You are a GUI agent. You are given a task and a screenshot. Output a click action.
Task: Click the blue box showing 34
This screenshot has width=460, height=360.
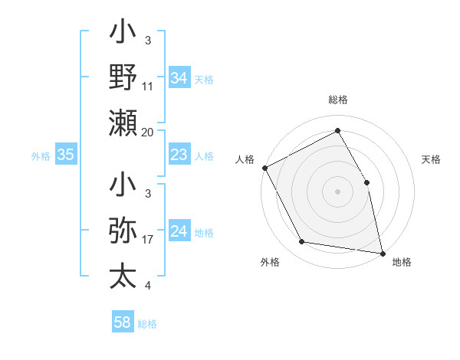tap(179, 78)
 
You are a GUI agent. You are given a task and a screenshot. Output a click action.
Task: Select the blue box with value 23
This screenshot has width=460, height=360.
tap(179, 155)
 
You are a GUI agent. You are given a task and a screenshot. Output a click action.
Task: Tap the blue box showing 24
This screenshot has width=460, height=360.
tap(179, 232)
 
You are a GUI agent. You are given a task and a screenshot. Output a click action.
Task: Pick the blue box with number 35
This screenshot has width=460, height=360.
tap(65, 155)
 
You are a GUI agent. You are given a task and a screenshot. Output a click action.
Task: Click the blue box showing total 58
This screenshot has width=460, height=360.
tap(123, 322)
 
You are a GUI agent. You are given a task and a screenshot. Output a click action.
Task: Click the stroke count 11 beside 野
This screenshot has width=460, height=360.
tap(148, 87)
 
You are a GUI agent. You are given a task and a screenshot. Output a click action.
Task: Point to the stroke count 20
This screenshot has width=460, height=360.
tap(148, 133)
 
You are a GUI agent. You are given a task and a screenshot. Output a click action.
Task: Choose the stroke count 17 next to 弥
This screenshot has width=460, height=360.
tap(148, 240)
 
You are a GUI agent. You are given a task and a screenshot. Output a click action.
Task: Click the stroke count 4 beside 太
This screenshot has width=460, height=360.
tap(147, 286)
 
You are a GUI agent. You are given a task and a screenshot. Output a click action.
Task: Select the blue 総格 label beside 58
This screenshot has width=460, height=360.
tap(147, 323)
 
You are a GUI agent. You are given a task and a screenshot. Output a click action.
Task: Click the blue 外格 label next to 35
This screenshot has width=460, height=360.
tap(41, 156)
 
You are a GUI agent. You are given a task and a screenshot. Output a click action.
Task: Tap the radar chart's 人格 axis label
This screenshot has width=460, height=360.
tap(245, 159)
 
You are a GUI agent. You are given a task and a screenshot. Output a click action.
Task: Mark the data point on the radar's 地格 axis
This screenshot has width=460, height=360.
tap(382, 252)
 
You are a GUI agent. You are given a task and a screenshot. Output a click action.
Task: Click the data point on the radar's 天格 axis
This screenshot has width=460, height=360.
tap(366, 182)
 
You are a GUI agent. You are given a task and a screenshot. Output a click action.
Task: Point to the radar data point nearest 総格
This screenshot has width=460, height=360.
tap(337, 131)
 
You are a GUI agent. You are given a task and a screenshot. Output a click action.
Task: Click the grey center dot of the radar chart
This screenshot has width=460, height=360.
tap(337, 191)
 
